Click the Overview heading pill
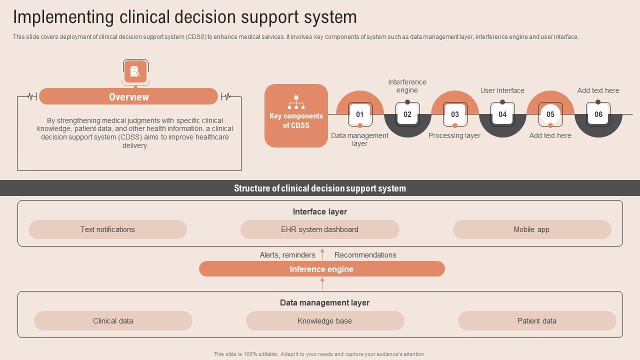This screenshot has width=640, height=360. [128, 96]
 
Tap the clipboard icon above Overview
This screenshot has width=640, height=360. [135, 71]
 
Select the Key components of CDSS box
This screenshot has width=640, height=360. [296, 115]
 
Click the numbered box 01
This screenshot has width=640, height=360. [359, 114]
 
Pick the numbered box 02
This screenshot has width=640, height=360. [407, 114]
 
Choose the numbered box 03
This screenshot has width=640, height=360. [455, 114]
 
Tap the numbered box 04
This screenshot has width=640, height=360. [502, 114]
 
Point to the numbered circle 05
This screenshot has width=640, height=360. [550, 114]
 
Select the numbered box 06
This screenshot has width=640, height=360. [598, 114]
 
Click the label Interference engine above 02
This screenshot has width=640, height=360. [407, 86]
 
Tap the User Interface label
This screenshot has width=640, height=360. [502, 90]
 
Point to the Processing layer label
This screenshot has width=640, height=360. [454, 135]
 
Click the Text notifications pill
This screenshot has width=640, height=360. [107, 229]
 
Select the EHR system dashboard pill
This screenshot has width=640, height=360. [319, 229]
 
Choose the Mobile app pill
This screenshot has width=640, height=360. [531, 229]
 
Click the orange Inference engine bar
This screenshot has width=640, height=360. [321, 269]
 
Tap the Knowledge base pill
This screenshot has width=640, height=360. [324, 321]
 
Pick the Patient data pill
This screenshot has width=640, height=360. [536, 321]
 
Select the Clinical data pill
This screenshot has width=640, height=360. [113, 321]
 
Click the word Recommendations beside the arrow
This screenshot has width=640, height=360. [365, 255]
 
